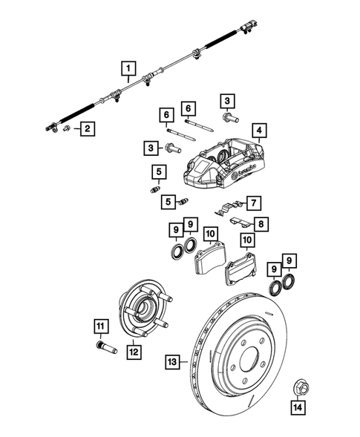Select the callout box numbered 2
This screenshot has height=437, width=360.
click(88, 130)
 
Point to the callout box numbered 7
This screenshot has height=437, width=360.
click(253, 202)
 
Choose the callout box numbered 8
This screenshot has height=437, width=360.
click(260, 223)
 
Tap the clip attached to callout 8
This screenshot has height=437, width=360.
click(237, 221)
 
